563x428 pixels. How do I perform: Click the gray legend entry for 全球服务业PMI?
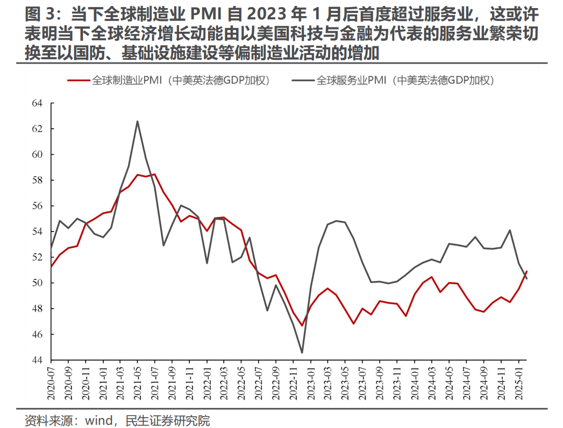click(393, 80)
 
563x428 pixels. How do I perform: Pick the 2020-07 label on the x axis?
click(52, 384)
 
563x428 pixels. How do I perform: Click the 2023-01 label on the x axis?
click(311, 384)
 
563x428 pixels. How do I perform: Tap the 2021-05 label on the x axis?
click(138, 384)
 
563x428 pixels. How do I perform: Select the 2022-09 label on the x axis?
click(276, 384)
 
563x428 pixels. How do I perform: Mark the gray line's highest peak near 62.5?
click(137, 121)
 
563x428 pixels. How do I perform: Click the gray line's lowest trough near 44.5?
click(302, 353)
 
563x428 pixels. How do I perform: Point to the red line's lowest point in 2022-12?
click(302, 326)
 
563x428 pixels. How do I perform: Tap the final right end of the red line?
click(526, 271)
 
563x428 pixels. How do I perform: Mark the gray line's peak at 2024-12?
click(509, 230)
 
